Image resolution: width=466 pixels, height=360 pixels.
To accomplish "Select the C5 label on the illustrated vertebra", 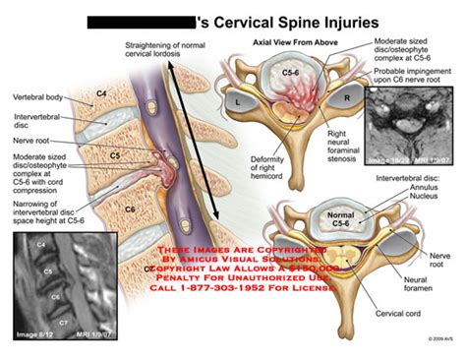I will click(114, 154).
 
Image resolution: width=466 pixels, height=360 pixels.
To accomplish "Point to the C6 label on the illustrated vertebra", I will click(130, 210).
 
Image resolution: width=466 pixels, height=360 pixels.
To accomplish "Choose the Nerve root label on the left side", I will click(31, 140).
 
